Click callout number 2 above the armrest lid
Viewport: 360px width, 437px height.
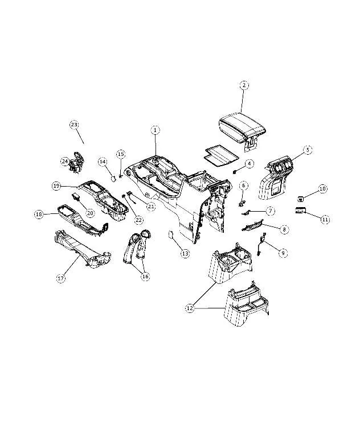click(244, 85)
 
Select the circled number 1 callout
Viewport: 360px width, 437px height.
click(155, 130)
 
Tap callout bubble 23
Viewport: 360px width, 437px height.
click(74, 125)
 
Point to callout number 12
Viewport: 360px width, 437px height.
click(190, 308)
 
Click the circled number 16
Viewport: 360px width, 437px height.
click(145, 276)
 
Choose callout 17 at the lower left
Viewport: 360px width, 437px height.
click(61, 278)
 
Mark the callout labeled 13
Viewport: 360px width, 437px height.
click(185, 253)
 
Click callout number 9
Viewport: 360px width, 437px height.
click(283, 253)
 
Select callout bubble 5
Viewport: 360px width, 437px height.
click(308, 150)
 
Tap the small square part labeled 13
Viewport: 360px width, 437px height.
click(171, 234)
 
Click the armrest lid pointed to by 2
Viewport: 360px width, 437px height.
click(242, 128)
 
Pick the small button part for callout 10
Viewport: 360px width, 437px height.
click(300, 199)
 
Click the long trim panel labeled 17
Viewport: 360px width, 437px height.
click(83, 249)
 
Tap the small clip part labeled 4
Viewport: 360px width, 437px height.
click(235, 171)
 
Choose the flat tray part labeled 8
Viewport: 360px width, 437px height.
click(252, 225)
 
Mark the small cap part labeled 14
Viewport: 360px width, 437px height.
click(114, 178)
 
